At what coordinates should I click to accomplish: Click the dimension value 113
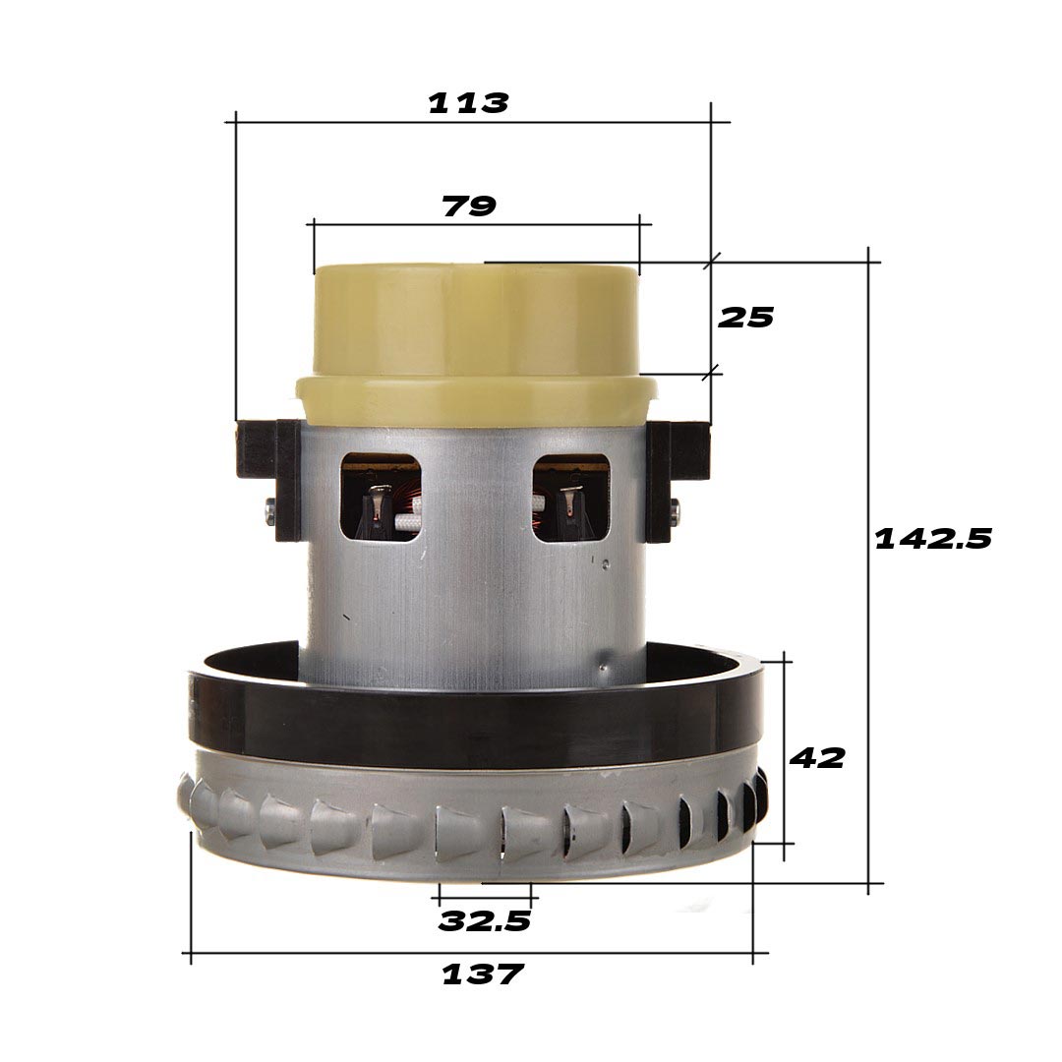pos(468,103)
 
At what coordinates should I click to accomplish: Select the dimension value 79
pos(469,206)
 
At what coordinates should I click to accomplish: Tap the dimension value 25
pos(746,318)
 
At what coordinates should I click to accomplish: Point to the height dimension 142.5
pos(933,539)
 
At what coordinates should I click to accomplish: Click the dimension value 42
pos(817,758)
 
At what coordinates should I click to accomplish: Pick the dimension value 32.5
pos(484,921)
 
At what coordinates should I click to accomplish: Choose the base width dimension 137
pos(482,974)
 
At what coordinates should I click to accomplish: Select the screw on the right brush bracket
pos(674,508)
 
